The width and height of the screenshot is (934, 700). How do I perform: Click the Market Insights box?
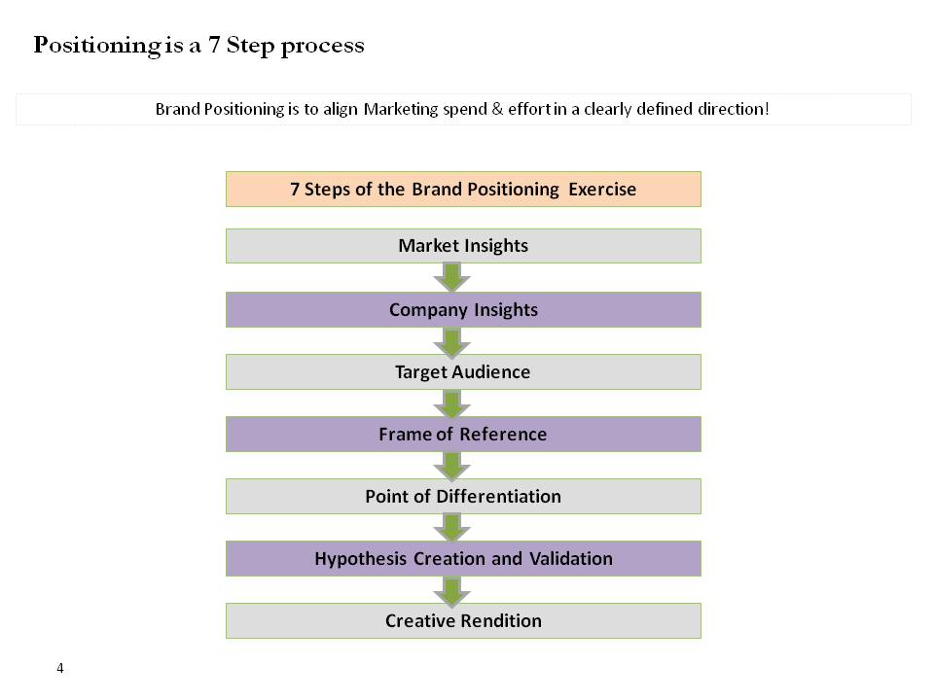point(463,246)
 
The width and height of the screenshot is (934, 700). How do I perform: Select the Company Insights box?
point(463,310)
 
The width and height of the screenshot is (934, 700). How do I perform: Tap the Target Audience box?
point(463,372)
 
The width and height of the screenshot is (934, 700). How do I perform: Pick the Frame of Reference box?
point(463,435)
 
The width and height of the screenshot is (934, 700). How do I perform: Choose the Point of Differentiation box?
point(463,497)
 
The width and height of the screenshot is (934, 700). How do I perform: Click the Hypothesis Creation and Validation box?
point(463,559)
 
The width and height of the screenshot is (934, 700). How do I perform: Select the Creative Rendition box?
point(463,621)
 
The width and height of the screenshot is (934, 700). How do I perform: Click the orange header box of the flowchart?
point(463,189)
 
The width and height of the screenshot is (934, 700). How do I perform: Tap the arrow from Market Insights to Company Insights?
point(451,277)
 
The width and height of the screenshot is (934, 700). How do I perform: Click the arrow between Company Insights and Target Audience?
point(451,341)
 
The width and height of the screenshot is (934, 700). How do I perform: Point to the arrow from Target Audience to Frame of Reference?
point(451,403)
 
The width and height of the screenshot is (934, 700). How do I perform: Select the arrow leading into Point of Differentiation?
point(451,466)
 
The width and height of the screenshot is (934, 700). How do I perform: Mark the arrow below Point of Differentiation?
point(451,528)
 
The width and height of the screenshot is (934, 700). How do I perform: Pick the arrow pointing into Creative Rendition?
point(451,590)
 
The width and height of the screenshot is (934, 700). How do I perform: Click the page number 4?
point(60,668)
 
